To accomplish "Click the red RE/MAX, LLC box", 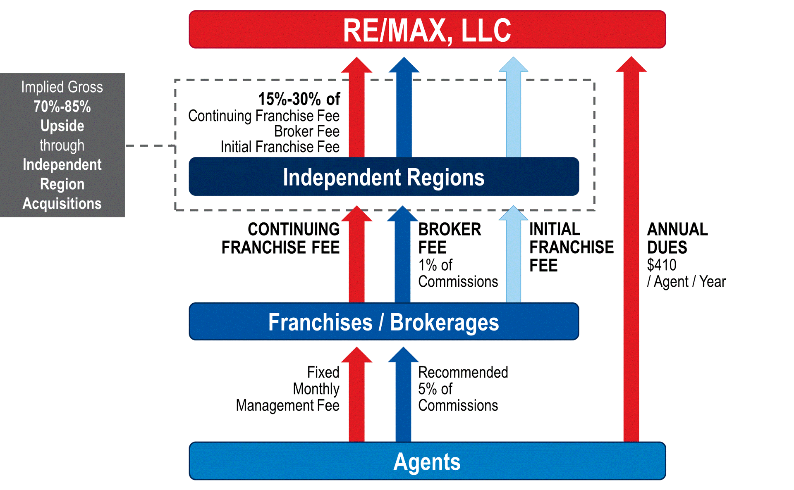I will [427, 30].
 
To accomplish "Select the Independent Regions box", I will [384, 177].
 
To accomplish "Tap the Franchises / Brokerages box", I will [384, 322].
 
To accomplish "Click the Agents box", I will [427, 461].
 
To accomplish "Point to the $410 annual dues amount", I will [662, 265].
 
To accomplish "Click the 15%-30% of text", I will [299, 99].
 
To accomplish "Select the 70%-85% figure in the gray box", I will [62, 107].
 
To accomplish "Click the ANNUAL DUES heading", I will [677, 238].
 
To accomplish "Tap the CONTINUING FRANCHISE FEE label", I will [281, 238].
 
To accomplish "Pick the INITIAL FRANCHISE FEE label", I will [571, 247].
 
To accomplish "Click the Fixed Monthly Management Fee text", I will [288, 389].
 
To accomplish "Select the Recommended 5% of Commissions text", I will [462, 389].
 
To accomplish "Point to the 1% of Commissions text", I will [458, 273].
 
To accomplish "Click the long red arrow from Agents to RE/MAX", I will [631, 256].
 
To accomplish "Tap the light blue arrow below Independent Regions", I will [514, 256].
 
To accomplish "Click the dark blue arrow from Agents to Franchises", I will [403, 397].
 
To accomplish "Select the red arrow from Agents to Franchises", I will [356, 397].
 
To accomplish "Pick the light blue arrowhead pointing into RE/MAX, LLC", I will [514, 65].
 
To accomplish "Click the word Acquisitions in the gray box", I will [62, 204].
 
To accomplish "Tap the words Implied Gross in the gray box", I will [62, 87].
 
